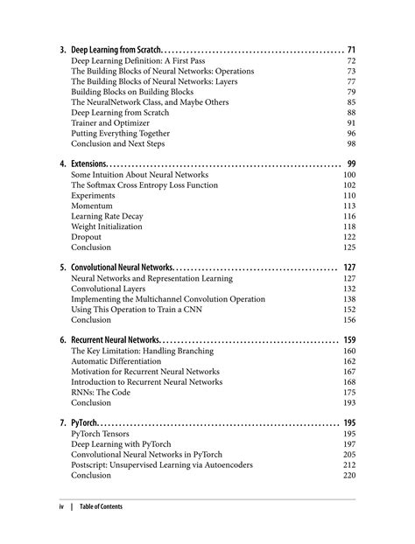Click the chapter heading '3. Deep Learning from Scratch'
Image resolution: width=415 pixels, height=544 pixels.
(x=110, y=50)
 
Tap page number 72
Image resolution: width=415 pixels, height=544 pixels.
(x=350, y=61)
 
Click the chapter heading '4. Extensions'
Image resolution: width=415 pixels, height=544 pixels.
(x=83, y=164)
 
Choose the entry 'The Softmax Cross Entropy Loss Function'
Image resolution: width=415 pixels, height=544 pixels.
(x=144, y=185)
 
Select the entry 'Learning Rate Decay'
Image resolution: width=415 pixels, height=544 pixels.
(x=107, y=216)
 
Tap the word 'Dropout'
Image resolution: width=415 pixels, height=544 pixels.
(x=86, y=237)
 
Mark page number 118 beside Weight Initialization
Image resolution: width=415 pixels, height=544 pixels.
(x=348, y=227)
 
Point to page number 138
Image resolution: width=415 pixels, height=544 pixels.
(x=348, y=299)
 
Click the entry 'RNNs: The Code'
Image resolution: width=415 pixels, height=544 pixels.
(x=101, y=393)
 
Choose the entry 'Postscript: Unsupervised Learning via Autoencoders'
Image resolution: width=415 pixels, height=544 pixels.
(x=162, y=465)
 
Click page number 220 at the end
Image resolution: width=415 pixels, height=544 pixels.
(x=348, y=476)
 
